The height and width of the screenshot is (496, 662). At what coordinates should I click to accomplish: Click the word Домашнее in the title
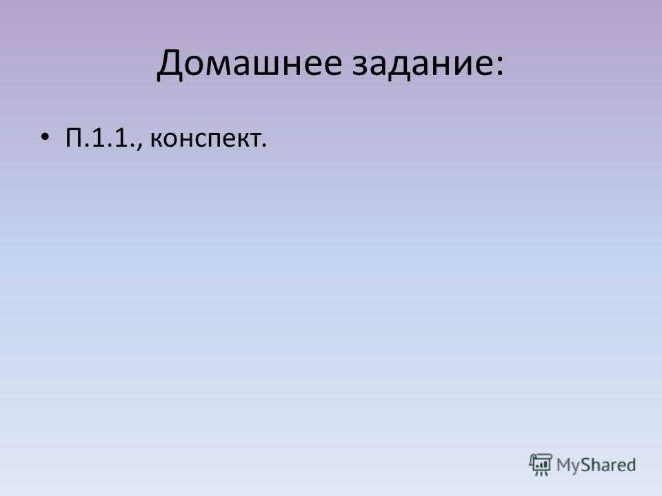coord(249,63)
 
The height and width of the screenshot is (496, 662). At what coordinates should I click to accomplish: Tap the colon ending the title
coord(499,65)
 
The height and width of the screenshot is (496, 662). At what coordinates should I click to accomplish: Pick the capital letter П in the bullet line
coord(74,137)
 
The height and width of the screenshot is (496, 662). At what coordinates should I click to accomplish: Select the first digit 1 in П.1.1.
coord(97,137)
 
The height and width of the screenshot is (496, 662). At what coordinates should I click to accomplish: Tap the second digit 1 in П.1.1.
coord(121,137)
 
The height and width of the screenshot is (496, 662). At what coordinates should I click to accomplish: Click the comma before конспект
coord(140,146)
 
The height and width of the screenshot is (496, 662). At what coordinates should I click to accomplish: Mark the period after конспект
coord(264,145)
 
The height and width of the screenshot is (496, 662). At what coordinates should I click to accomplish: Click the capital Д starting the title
coord(170,65)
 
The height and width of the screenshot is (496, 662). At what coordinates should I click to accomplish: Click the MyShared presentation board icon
coord(541,465)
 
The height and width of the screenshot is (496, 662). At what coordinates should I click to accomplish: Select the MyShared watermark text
coord(596,465)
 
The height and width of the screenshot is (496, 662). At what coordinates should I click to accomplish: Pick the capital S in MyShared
coord(585,465)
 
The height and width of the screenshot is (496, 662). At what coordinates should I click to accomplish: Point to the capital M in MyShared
coord(563,465)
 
